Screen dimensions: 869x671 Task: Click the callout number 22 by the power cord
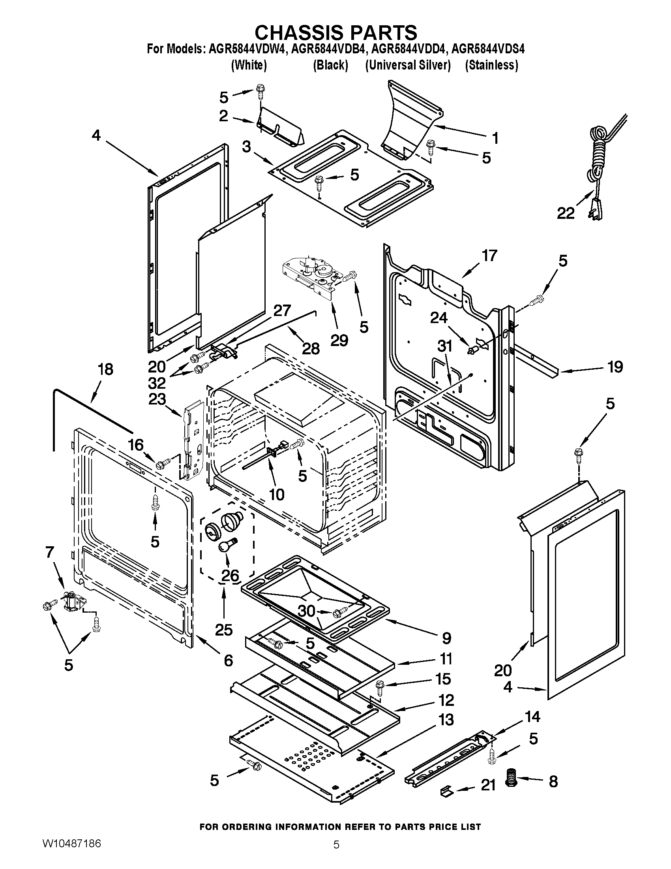pyautogui.click(x=565, y=214)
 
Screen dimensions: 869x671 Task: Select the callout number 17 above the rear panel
pyautogui.click(x=489, y=256)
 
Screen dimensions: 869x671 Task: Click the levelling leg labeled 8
pyautogui.click(x=511, y=783)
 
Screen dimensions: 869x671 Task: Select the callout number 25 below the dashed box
pyautogui.click(x=223, y=630)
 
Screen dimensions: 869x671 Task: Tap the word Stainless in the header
pyautogui.click(x=492, y=65)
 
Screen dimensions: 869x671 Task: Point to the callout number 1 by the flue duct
pyautogui.click(x=495, y=138)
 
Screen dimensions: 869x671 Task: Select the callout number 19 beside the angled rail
pyautogui.click(x=615, y=367)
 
